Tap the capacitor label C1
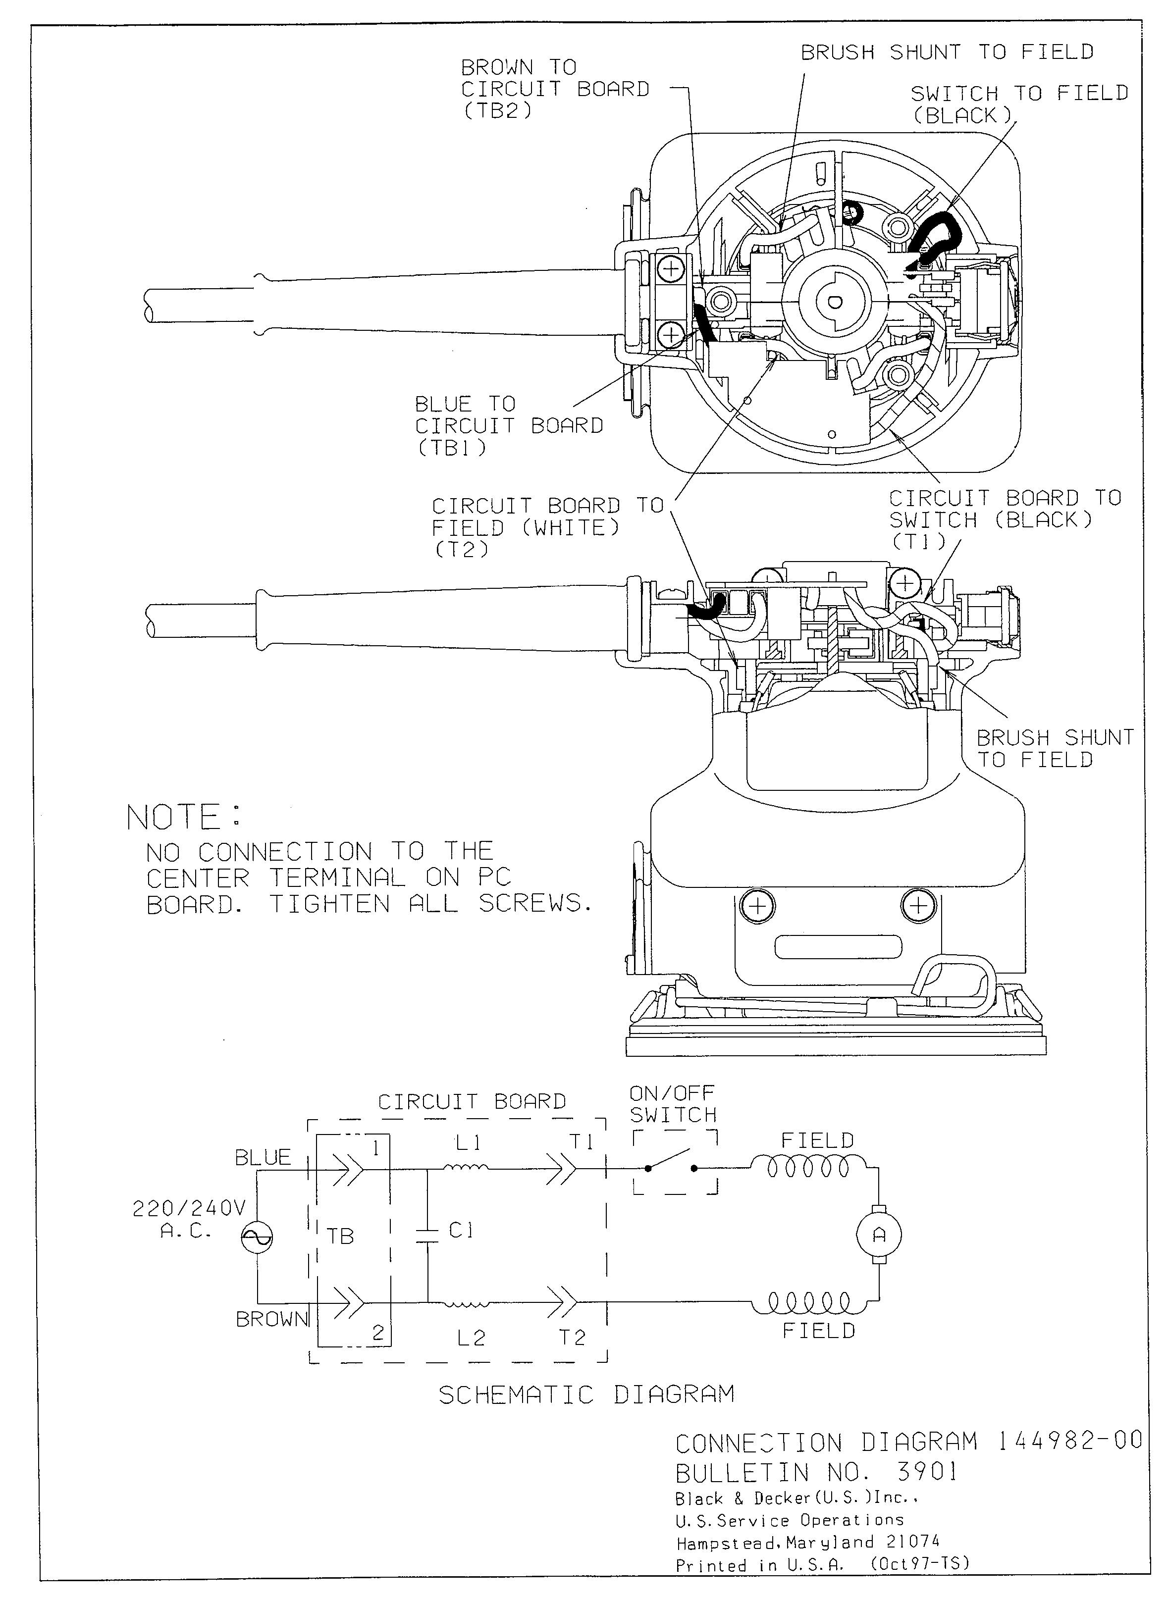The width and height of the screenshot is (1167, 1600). point(461,1231)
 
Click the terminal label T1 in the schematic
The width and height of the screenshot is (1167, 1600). point(582,1142)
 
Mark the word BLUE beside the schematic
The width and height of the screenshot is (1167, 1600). point(263,1157)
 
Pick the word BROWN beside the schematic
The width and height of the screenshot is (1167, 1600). point(272,1318)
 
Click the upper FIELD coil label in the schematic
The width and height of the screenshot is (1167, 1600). point(817,1140)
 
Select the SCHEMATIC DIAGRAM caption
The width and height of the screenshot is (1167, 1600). point(586,1394)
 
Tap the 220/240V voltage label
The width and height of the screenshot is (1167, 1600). point(189,1208)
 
